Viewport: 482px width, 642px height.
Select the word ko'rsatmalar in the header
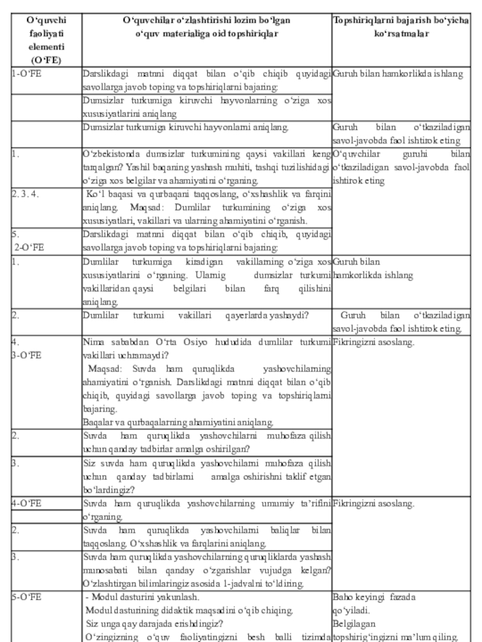(x=401, y=34)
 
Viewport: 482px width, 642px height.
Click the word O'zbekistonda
(x=111, y=152)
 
